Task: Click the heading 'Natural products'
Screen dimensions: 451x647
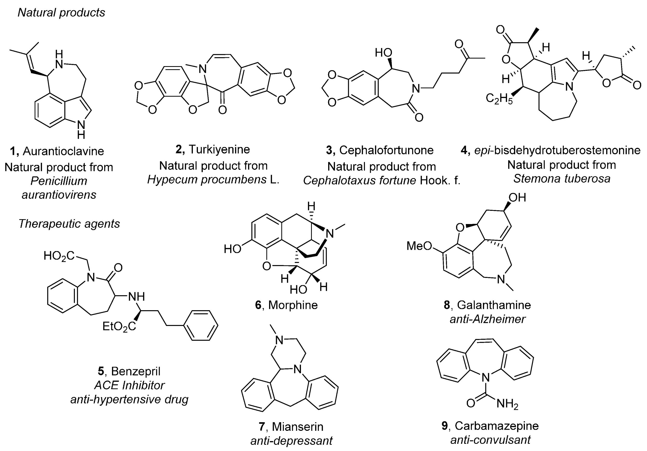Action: click(x=61, y=13)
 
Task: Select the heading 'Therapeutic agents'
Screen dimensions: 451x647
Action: click(x=69, y=224)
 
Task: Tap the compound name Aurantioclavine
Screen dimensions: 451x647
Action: click(x=64, y=151)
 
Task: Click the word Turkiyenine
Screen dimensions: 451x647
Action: click(x=219, y=149)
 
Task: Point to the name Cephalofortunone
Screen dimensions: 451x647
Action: click(x=386, y=150)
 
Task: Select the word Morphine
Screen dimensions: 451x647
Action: click(x=293, y=305)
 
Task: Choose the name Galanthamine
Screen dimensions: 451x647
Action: click(x=494, y=305)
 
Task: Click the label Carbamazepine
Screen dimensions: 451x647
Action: click(x=496, y=426)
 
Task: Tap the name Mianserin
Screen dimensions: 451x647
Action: click(x=298, y=427)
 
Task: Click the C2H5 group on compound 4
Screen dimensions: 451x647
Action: click(x=499, y=99)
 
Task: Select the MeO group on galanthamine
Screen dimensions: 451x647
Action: click(x=419, y=246)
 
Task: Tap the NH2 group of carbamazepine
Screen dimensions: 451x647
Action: click(x=507, y=404)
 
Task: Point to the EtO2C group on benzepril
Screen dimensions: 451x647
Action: click(x=119, y=327)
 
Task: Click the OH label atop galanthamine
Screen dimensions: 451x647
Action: click(x=517, y=198)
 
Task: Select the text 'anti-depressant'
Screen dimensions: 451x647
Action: click(x=291, y=441)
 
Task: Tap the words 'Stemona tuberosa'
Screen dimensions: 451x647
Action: click(x=562, y=179)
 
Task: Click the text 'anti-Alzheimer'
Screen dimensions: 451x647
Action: click(x=488, y=319)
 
